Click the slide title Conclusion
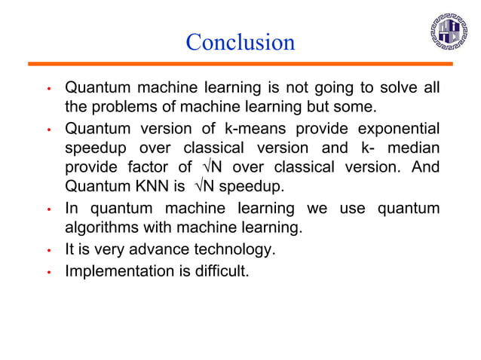(240, 42)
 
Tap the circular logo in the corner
(449, 32)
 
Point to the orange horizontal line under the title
(240, 64)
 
